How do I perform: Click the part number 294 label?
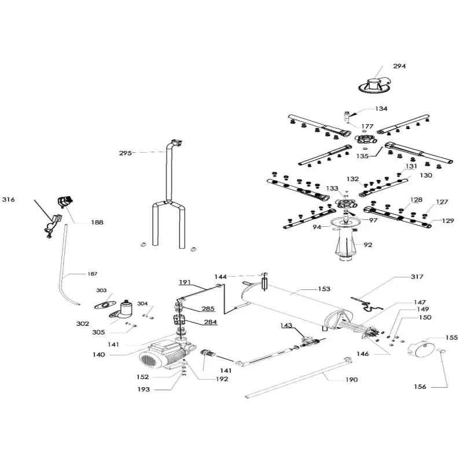pos(399,66)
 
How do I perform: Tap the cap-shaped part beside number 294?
pos(377,83)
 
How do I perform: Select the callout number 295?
pos(126,153)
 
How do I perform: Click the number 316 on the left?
pos(8,200)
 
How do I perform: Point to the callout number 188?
pos(98,222)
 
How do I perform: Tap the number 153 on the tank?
pos(324,288)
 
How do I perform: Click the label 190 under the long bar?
pos(351,380)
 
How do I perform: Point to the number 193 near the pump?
pos(144,390)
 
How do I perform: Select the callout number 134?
pos(381,109)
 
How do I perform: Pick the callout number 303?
pos(101,290)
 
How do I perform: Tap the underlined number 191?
pos(185,282)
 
